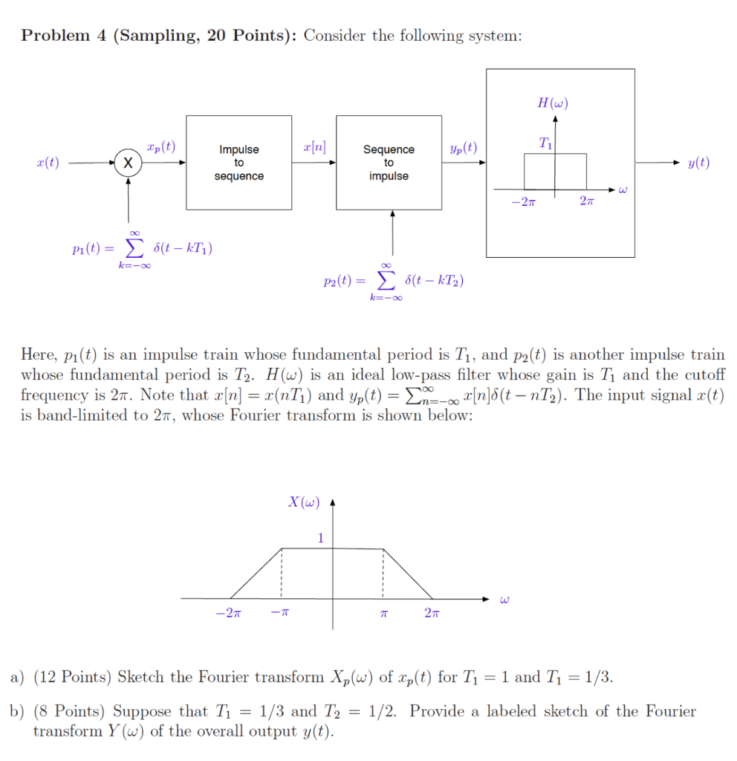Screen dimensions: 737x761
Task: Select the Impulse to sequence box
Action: coord(238,163)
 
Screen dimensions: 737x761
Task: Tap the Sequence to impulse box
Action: coord(389,163)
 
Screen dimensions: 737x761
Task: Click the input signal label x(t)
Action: coord(48,163)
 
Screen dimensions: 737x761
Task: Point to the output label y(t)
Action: coord(698,163)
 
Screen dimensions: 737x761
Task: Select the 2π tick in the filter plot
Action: coord(587,202)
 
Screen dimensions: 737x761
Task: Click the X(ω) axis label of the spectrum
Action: coord(304,502)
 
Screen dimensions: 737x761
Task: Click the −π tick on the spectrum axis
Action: coord(280,614)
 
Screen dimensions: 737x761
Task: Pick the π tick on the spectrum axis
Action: coord(384,614)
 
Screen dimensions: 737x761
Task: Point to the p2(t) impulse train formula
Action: coord(395,282)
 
